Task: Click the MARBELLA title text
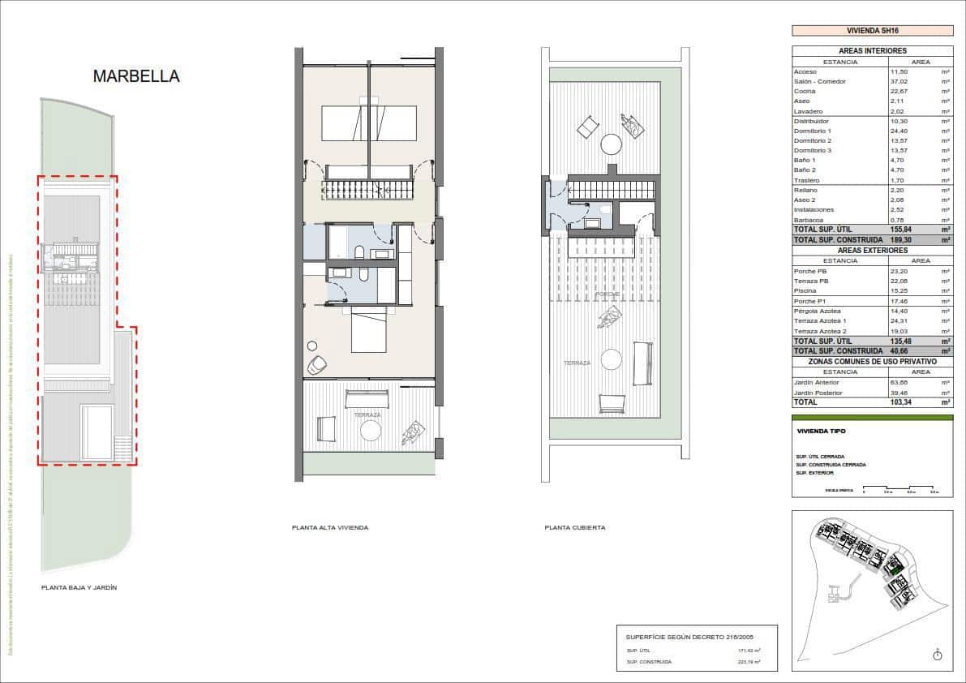coord(136,76)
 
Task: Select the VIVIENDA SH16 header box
coord(872,31)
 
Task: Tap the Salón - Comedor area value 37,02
coord(899,82)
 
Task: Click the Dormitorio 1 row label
coord(812,131)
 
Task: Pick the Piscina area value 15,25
coord(899,290)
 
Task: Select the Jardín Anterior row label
coord(817,382)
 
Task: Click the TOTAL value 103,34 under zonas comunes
coord(902,402)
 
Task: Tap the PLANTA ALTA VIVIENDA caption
coord(330,527)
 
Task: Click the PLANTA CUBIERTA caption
coord(575,527)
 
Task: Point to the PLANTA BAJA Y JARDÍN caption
coord(79,587)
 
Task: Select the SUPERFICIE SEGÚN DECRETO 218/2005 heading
coord(672,637)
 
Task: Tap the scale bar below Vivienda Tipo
coord(900,489)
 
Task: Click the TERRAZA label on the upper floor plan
coord(367,415)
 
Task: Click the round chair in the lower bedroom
coord(317,365)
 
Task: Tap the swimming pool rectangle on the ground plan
coord(97,432)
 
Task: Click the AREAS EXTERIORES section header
coord(872,251)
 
